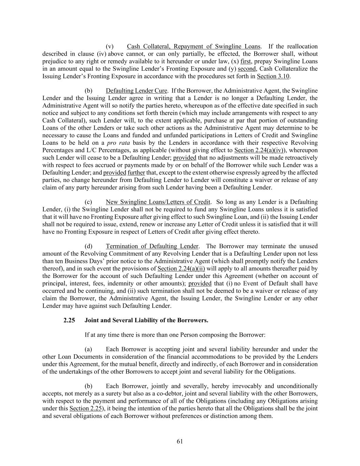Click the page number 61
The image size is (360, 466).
click(x=180, y=441)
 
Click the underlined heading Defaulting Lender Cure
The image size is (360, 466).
click(x=136, y=91)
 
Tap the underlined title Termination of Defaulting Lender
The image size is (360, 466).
click(x=152, y=246)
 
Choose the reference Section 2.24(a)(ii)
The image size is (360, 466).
click(x=181, y=268)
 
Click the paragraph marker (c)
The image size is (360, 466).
click(x=88, y=202)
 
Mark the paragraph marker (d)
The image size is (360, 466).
click(x=88, y=246)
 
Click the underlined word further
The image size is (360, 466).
click(x=136, y=172)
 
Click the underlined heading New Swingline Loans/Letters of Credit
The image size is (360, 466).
click(x=158, y=202)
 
